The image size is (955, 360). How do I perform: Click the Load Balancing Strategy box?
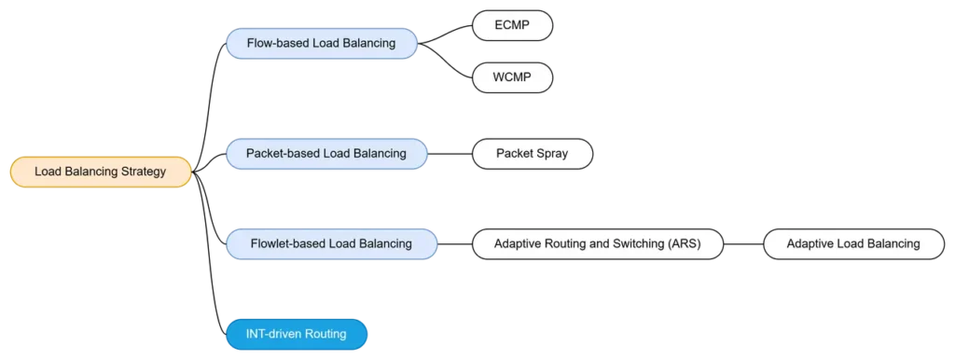(100, 172)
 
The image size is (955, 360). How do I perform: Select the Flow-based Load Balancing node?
(321, 44)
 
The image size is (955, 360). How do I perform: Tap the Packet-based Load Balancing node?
(326, 153)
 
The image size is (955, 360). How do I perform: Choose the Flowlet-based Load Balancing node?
(331, 244)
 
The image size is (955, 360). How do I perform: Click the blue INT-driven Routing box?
(297, 334)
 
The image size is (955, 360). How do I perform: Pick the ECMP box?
(512, 25)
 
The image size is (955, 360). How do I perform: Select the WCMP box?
(512, 77)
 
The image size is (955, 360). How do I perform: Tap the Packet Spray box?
(532, 153)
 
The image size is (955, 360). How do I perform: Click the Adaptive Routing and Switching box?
(596, 244)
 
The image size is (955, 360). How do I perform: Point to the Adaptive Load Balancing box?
(852, 244)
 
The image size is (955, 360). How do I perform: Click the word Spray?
(550, 153)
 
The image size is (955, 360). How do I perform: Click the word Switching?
(634, 244)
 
